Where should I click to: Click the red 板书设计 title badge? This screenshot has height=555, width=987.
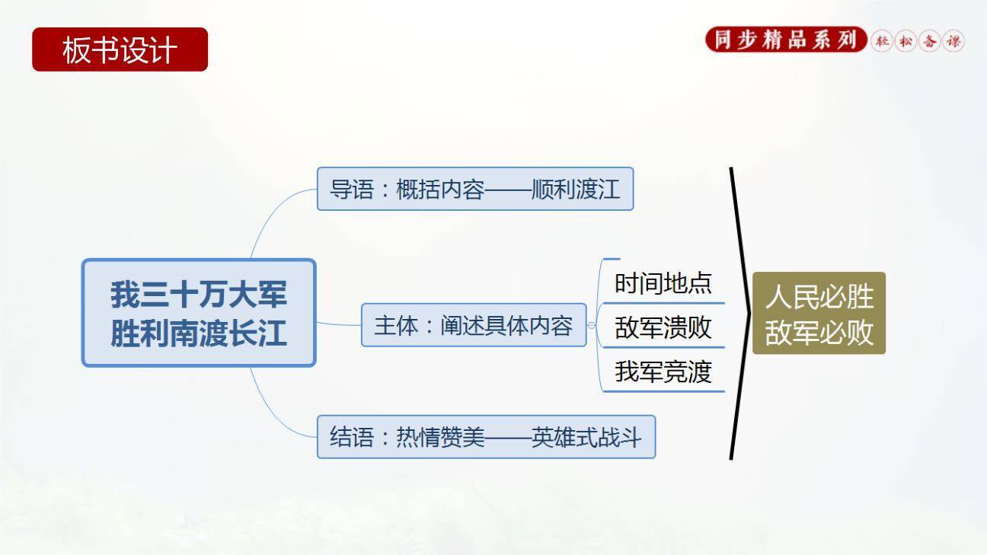[x=120, y=49]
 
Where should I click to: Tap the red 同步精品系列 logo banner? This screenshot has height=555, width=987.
[x=787, y=40]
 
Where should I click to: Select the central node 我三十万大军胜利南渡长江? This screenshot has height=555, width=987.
[x=199, y=313]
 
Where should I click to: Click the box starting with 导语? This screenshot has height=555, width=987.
[x=475, y=189]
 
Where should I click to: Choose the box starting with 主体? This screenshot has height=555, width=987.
[x=474, y=325]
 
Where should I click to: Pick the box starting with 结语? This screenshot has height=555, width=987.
[x=486, y=437]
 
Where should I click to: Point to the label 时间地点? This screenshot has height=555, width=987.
[x=663, y=283]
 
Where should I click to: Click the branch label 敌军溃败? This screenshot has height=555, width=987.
[x=663, y=327]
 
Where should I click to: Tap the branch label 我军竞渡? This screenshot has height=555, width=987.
[x=663, y=372]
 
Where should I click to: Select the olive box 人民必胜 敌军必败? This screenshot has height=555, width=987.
[x=819, y=313]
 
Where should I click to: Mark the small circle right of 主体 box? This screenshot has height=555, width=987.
[x=592, y=325]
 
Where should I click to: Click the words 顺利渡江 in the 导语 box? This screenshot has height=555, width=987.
[x=576, y=189]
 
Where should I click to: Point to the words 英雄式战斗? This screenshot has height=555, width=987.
[x=586, y=437]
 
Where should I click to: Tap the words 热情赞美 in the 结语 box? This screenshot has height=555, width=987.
[x=440, y=437]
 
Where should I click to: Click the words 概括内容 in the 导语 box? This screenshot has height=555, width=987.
[x=440, y=189]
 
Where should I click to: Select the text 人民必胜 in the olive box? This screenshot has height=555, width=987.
[x=819, y=297]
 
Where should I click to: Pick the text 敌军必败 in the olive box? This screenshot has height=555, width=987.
[x=819, y=332]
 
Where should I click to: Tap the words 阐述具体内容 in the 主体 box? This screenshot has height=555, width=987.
[x=506, y=325]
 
